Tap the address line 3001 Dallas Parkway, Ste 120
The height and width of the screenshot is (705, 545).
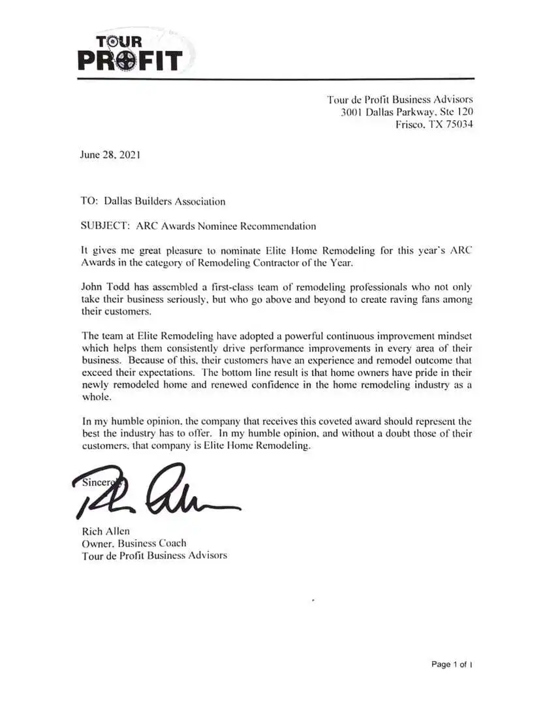(x=407, y=112)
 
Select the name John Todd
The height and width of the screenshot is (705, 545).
(x=103, y=287)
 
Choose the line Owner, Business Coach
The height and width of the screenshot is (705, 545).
(x=134, y=543)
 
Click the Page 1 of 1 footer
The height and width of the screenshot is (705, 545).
(x=452, y=665)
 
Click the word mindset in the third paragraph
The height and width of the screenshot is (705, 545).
(x=452, y=336)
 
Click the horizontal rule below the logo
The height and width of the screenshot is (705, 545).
(x=275, y=79)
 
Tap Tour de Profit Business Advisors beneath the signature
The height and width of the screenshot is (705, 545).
(x=154, y=556)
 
